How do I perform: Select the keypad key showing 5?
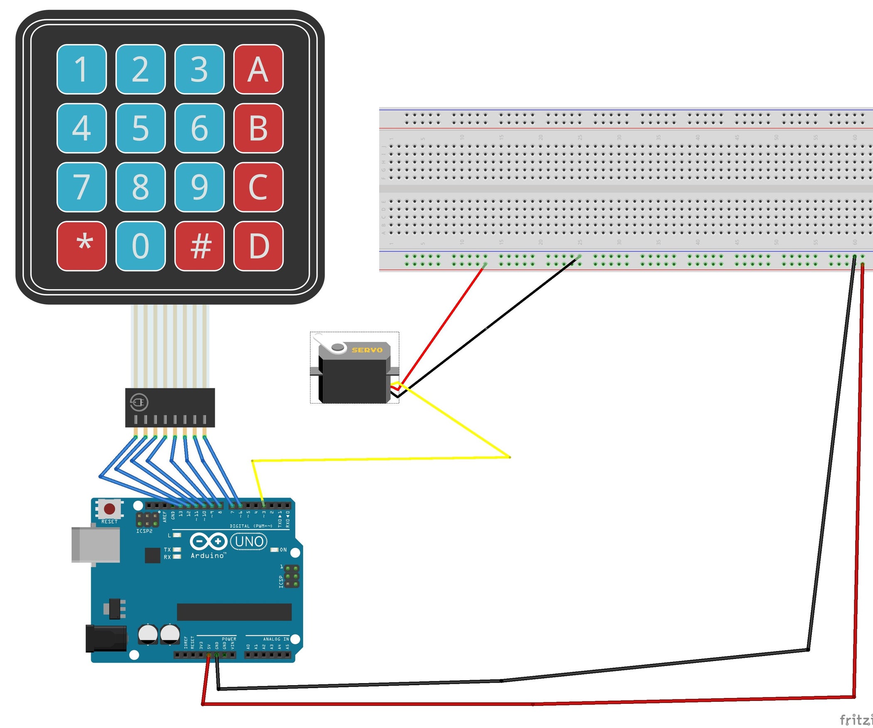[x=141, y=128]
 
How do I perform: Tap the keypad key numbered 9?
[x=200, y=187]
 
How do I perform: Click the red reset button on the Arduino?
[x=110, y=509]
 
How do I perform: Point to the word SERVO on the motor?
[x=367, y=350]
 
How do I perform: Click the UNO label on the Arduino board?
[x=249, y=542]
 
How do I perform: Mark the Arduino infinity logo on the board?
[x=208, y=541]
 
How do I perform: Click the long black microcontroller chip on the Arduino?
[x=234, y=612]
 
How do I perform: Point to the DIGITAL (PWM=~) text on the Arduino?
[x=251, y=526]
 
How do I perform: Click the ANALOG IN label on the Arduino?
[x=276, y=639]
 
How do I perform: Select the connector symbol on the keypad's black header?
[x=139, y=402]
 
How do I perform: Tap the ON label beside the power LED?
[x=283, y=550]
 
